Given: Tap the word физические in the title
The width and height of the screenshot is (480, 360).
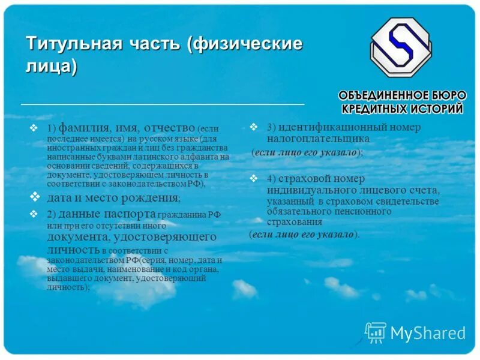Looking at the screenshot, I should pyautogui.click(x=250, y=44).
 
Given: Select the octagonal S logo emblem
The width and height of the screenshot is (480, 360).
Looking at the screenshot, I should pyautogui.click(x=400, y=48).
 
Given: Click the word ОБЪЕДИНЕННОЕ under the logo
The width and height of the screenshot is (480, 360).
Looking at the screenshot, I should pyautogui.click(x=388, y=96).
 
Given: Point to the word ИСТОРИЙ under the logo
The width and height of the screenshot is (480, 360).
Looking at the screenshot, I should pyautogui.click(x=436, y=109).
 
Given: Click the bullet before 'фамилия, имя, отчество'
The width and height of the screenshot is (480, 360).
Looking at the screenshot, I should pyautogui.click(x=34, y=128).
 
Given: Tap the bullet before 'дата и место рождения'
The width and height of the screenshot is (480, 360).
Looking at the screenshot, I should pyautogui.click(x=34, y=197).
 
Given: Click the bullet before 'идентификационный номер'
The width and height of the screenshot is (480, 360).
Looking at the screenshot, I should pyautogui.click(x=254, y=127).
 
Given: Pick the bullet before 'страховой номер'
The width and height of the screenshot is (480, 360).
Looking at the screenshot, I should pyautogui.click(x=254, y=178).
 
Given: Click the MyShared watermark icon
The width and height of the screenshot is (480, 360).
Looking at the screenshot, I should pyautogui.click(x=375, y=332).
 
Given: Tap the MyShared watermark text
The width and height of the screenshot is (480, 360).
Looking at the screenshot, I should pyautogui.click(x=428, y=333).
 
